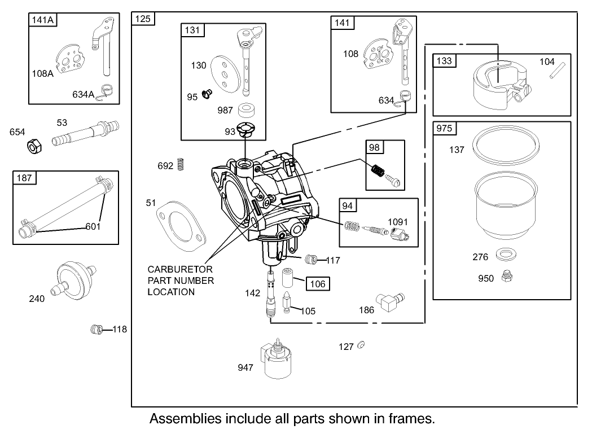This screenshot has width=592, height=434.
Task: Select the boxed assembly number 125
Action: (143, 19)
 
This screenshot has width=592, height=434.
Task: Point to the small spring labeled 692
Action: (181, 165)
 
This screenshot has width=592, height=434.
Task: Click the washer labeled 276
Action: (503, 255)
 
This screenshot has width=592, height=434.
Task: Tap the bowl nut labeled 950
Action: (506, 277)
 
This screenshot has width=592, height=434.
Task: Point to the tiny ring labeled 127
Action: (361, 345)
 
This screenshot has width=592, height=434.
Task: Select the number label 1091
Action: (398, 222)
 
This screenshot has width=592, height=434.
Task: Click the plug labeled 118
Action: (95, 329)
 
